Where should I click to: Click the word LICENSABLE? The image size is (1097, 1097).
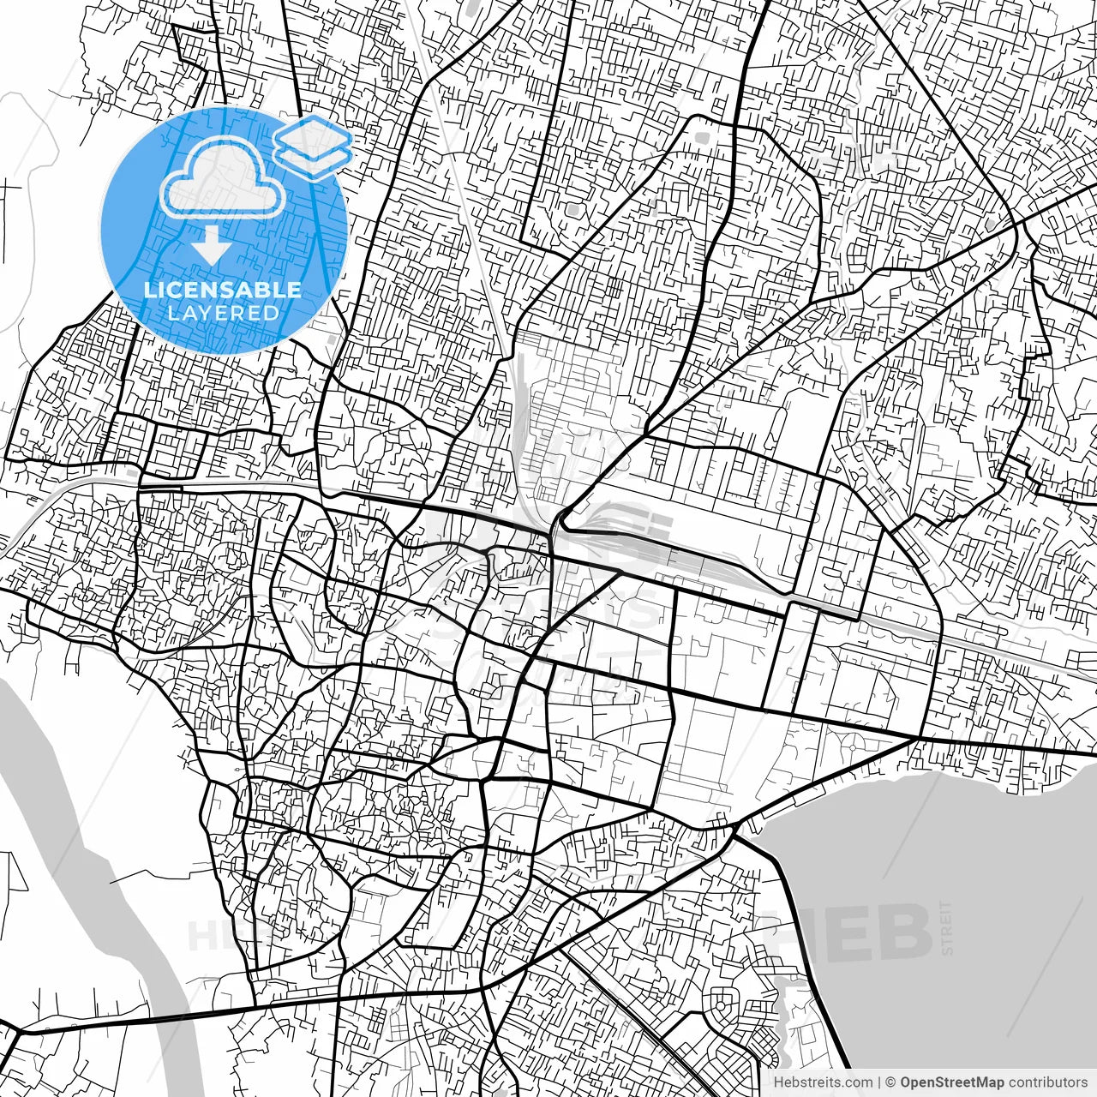tap(223, 290)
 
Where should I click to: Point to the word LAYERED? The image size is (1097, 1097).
tap(223, 313)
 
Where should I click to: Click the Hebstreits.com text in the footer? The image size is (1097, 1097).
tap(823, 1082)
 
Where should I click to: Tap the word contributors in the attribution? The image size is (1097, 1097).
tap(1046, 1082)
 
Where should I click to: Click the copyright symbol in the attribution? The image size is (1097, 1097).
tap(890, 1082)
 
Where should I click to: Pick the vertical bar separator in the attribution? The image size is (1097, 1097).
tap(879, 1082)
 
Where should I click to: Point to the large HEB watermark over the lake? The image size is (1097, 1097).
tap(857, 932)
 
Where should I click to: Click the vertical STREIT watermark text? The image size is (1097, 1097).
tap(946, 926)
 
